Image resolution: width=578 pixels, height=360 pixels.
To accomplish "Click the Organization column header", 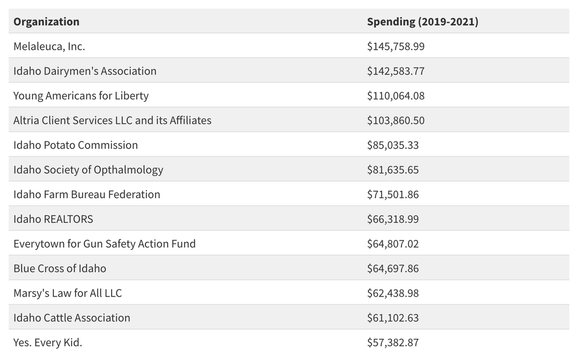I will (x=46, y=22).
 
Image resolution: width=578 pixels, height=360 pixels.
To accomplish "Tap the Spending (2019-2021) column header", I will (x=422, y=22).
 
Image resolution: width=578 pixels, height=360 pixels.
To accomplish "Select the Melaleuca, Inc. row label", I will (x=49, y=47).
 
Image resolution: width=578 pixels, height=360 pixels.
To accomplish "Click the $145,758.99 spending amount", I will (x=395, y=47).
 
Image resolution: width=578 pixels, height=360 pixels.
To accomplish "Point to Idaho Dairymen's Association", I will (x=85, y=71).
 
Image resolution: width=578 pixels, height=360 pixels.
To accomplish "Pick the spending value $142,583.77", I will (x=395, y=71).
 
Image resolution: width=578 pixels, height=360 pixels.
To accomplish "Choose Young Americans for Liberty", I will (x=81, y=96).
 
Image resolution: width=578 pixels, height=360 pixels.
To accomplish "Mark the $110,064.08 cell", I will (x=395, y=96).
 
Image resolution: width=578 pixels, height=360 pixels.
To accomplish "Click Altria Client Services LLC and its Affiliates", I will (x=112, y=120).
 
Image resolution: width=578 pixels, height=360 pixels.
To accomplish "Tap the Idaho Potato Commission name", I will (x=76, y=145).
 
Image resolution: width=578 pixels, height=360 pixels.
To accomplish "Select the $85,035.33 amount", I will (x=393, y=145).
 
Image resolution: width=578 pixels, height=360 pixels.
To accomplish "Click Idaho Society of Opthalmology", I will (x=88, y=169).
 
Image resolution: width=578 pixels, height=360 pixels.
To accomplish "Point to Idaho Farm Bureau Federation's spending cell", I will (x=393, y=194).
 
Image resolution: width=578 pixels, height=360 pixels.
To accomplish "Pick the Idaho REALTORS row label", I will (x=53, y=219).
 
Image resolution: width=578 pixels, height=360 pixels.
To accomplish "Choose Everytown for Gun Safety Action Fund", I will (x=104, y=243).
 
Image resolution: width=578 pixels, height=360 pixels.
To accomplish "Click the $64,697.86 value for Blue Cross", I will (x=393, y=268).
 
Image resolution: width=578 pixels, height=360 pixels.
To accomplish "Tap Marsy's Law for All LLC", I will (x=67, y=293).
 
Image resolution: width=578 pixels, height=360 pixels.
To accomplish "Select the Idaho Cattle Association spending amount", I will (x=393, y=317).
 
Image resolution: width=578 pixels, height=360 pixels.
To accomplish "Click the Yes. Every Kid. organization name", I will (x=48, y=342).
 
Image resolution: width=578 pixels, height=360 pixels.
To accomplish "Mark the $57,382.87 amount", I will (x=393, y=342).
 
